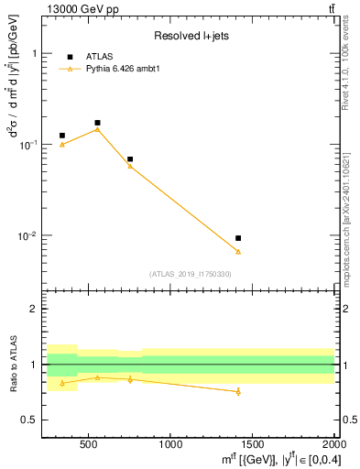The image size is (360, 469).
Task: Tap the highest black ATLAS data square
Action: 97,123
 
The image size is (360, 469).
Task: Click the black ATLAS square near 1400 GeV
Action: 238,238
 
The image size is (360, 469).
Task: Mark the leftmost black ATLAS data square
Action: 62,136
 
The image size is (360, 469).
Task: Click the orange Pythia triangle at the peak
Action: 97,129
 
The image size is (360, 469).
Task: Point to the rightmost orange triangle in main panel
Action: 238,251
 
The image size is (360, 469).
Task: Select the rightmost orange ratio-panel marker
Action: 238,391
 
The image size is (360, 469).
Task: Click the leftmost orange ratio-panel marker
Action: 62,383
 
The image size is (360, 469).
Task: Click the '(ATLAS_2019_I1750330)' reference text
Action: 190,274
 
